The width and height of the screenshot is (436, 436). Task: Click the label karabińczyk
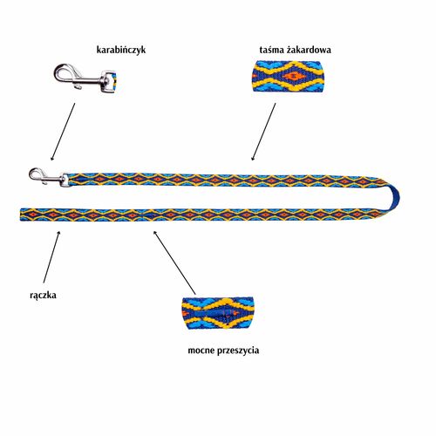(x=121, y=50)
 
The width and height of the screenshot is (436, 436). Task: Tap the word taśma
(x=272, y=50)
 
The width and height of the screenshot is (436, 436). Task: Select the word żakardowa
(x=309, y=50)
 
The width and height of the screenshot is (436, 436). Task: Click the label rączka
(x=43, y=296)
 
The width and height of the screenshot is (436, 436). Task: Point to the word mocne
(x=201, y=351)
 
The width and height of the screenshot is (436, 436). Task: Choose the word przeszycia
(x=238, y=351)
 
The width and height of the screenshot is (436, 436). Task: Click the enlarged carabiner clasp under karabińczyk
(x=85, y=77)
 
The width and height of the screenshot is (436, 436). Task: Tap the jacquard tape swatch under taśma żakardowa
(x=289, y=76)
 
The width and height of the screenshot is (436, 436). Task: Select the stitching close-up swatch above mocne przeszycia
(x=217, y=313)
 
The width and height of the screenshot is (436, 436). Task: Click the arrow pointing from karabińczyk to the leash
(x=63, y=132)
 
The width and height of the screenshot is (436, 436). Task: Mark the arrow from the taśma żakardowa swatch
(x=263, y=132)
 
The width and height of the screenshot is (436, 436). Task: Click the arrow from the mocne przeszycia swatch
(x=174, y=262)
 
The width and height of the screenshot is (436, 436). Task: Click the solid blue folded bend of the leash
(x=393, y=198)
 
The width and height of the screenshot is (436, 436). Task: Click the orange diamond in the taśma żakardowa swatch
(x=294, y=77)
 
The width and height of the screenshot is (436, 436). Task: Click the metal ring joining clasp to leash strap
(x=65, y=180)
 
